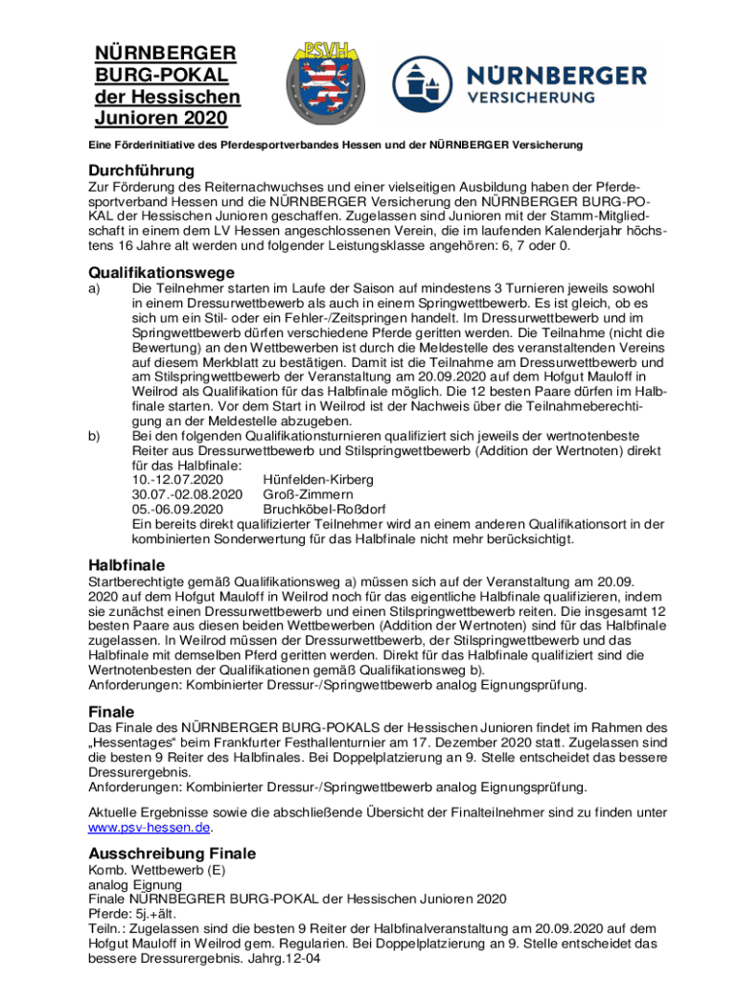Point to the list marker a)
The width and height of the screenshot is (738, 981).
point(95,288)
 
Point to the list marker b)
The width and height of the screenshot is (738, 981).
point(95,437)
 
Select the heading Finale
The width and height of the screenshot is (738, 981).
point(111,713)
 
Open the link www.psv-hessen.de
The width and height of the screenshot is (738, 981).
point(150,828)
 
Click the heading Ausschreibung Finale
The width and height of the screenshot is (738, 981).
point(172,854)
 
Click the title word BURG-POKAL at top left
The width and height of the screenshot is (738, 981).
point(160,75)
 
